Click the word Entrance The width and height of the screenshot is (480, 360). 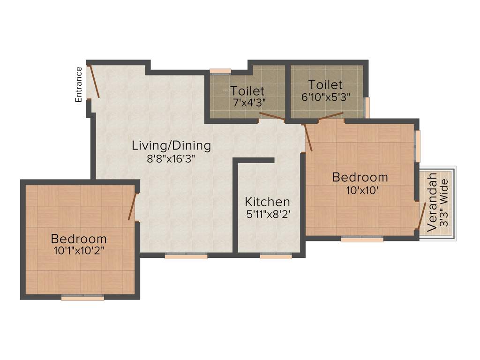(79, 84)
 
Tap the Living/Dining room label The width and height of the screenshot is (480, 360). (171, 145)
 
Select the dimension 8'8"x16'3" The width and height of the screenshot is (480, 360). (171, 158)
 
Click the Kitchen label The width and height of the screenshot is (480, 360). (268, 202)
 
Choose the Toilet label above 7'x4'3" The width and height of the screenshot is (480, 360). (247, 90)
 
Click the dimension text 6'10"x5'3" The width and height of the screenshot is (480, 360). (326, 97)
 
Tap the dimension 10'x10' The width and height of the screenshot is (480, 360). (360, 190)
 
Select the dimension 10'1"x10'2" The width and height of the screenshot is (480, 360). (79, 250)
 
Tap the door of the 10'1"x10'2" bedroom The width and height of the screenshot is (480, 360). (132, 206)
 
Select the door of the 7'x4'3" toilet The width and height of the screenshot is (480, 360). (272, 117)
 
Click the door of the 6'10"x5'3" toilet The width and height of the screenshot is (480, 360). (330, 117)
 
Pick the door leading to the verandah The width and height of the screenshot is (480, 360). (422, 216)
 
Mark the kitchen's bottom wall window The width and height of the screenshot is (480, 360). (276, 256)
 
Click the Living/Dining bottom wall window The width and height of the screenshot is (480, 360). (186, 256)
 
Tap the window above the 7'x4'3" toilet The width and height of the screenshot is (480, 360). (220, 71)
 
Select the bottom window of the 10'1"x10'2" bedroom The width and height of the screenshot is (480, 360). (82, 298)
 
